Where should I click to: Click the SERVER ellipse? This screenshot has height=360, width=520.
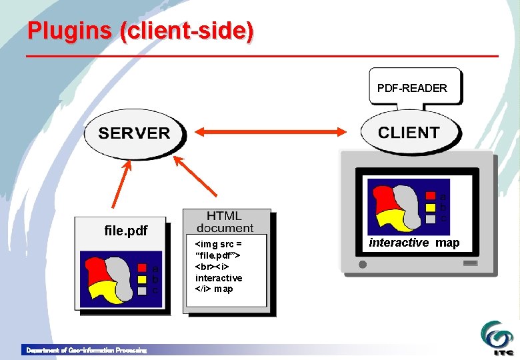(134, 133)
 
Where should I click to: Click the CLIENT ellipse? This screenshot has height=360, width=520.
(409, 132)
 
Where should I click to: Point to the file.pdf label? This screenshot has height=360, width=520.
(126, 231)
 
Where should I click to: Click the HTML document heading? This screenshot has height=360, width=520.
(225, 222)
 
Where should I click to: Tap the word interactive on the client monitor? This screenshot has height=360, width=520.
(399, 243)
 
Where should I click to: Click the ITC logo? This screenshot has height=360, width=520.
(497, 337)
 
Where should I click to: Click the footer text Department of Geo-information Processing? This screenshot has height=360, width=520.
(86, 350)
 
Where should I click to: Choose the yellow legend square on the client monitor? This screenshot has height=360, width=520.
(431, 207)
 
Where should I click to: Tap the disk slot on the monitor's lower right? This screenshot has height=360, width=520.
(470, 263)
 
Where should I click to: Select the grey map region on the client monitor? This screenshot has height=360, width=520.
(407, 200)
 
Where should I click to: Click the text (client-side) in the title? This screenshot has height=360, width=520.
(187, 31)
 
